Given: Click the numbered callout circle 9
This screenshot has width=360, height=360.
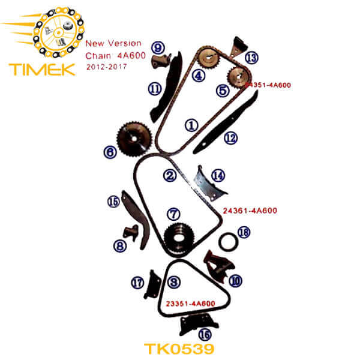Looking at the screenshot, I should click(158, 47).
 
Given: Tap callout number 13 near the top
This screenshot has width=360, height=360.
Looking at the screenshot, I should click(251, 57).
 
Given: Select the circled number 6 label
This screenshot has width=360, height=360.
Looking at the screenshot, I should click(109, 152).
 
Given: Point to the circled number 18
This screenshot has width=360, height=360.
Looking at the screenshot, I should click(243, 232).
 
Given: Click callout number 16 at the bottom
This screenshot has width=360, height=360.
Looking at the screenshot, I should click(205, 334).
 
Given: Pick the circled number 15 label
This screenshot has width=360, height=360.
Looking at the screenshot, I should click(113, 202).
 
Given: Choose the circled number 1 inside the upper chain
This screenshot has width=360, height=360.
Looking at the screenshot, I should click(191, 125).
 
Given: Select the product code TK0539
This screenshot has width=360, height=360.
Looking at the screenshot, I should click(180, 348).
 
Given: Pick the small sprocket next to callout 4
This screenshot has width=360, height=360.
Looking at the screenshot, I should click(208, 59).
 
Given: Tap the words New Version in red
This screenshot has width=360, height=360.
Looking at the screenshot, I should click(113, 43).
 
